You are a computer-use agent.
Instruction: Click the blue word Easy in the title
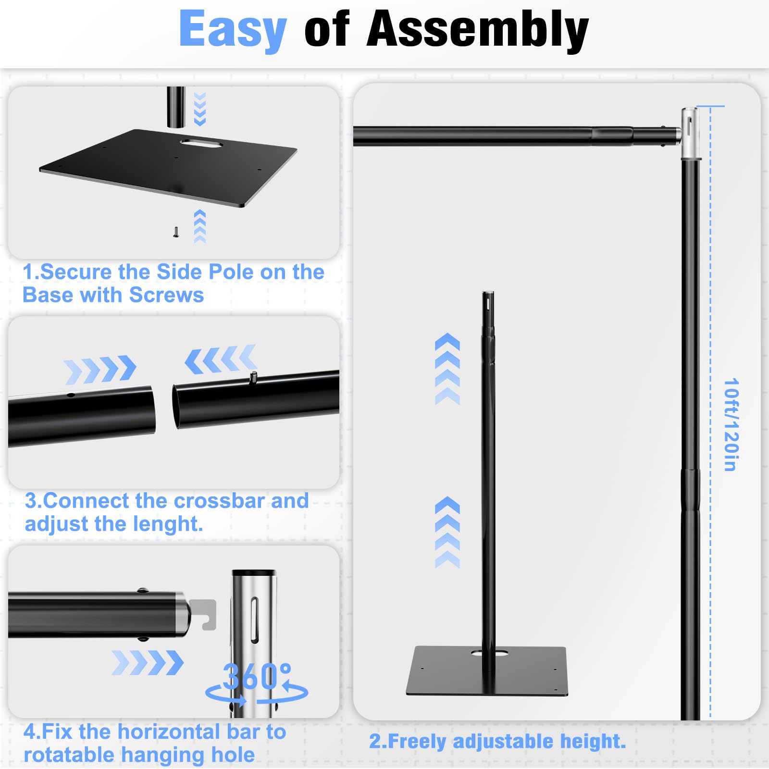tap(233, 30)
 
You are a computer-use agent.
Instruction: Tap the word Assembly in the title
tap(478, 30)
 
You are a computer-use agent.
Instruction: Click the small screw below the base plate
tap(176, 232)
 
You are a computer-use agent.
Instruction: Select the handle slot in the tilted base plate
tap(198, 143)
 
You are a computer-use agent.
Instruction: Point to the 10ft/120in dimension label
tap(731, 424)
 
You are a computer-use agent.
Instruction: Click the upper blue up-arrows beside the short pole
tap(447, 369)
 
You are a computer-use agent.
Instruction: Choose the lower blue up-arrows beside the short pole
tap(447, 532)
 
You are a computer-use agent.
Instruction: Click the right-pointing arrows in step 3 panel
tap(100, 370)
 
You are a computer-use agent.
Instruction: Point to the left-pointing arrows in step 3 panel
tap(221, 359)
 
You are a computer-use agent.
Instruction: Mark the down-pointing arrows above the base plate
tap(200, 109)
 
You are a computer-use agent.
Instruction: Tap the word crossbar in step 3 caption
tap(220, 501)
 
